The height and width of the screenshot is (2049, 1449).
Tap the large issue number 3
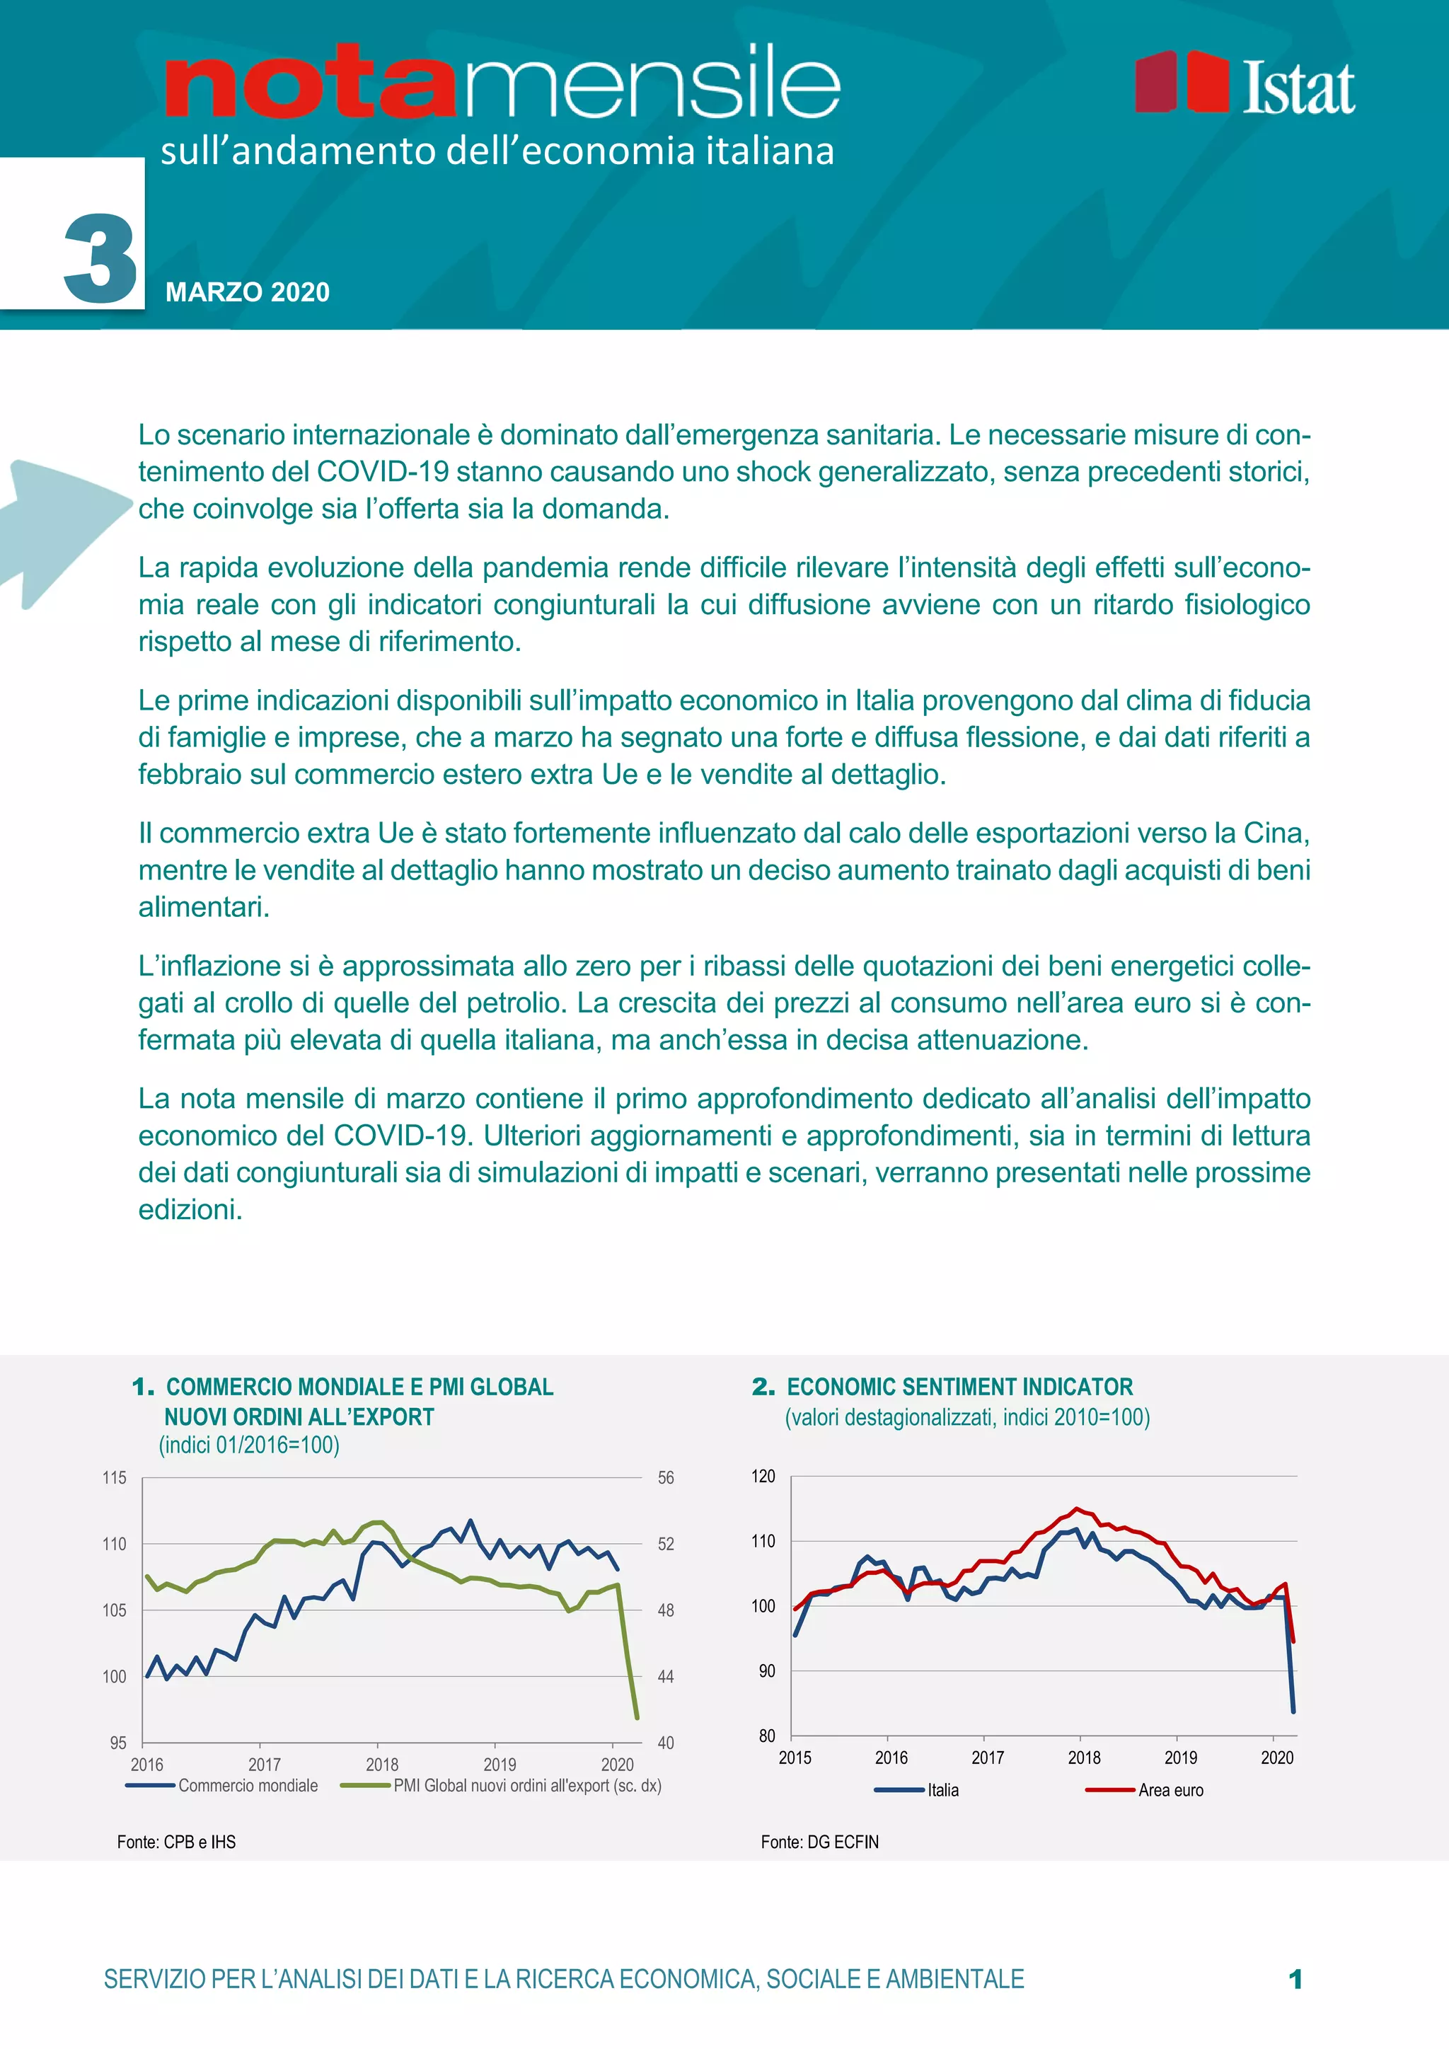(100, 259)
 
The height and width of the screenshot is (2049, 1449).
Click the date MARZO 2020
(247, 292)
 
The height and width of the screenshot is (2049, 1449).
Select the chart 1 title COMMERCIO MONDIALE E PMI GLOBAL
(359, 1386)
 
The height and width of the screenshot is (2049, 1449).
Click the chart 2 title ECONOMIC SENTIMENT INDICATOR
(959, 1386)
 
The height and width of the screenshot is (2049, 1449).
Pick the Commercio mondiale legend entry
(247, 1785)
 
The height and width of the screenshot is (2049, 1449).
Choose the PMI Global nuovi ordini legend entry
(526, 1785)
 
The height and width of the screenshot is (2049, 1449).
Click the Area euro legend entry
(1170, 1789)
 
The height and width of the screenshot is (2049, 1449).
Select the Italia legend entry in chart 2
(942, 1789)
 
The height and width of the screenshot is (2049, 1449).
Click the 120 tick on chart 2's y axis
(763, 1475)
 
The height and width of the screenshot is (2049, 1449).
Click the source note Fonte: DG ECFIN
(819, 1841)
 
